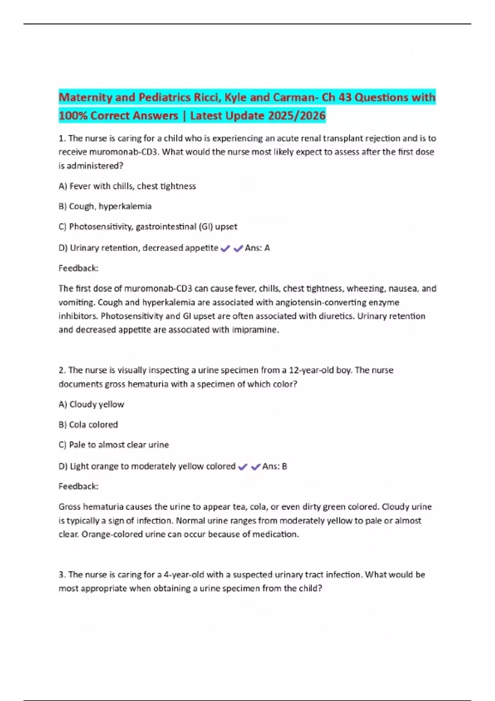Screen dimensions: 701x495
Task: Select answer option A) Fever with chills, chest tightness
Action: tap(127, 186)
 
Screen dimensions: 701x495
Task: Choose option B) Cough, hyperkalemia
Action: tap(105, 206)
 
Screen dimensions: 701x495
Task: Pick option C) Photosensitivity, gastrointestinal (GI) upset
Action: tap(148, 226)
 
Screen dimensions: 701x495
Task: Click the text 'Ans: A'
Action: tap(257, 248)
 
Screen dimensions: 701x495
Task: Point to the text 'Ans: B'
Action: tap(275, 466)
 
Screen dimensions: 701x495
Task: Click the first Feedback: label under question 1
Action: tap(78, 268)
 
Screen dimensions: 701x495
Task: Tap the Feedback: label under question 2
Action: tap(78, 486)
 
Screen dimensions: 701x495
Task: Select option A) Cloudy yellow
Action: tap(91, 404)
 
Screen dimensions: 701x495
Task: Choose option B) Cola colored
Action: tap(88, 424)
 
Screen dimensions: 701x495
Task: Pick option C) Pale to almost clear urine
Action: tap(113, 445)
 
